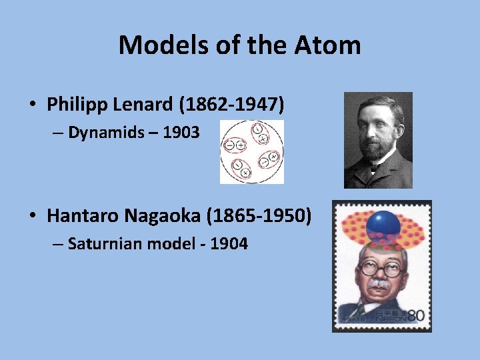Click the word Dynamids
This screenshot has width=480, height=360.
pos(106,133)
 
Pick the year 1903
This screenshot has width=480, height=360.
pos(181,133)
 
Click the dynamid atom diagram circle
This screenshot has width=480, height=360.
pos(252,152)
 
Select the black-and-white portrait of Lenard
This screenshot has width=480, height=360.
pos(378,140)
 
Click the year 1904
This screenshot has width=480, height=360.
pos(229,244)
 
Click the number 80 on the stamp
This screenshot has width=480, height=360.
pos(415,315)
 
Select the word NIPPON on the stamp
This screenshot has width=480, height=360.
pos(392,319)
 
